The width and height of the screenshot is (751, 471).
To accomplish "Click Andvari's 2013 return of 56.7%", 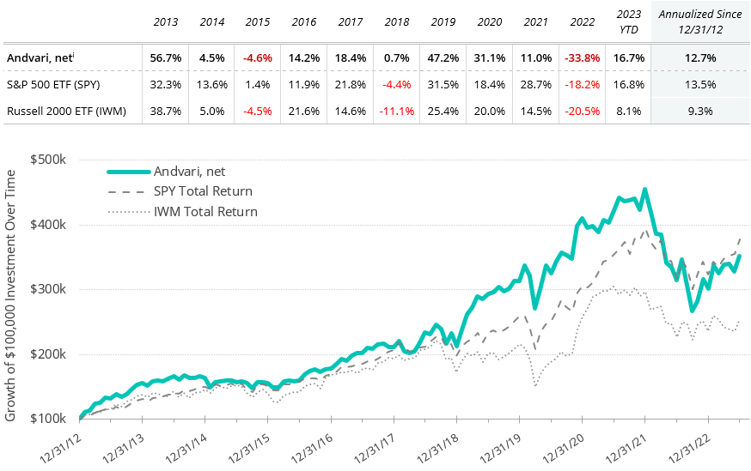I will click(x=165, y=58).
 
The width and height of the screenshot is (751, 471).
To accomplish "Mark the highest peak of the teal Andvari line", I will click(x=644, y=190).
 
